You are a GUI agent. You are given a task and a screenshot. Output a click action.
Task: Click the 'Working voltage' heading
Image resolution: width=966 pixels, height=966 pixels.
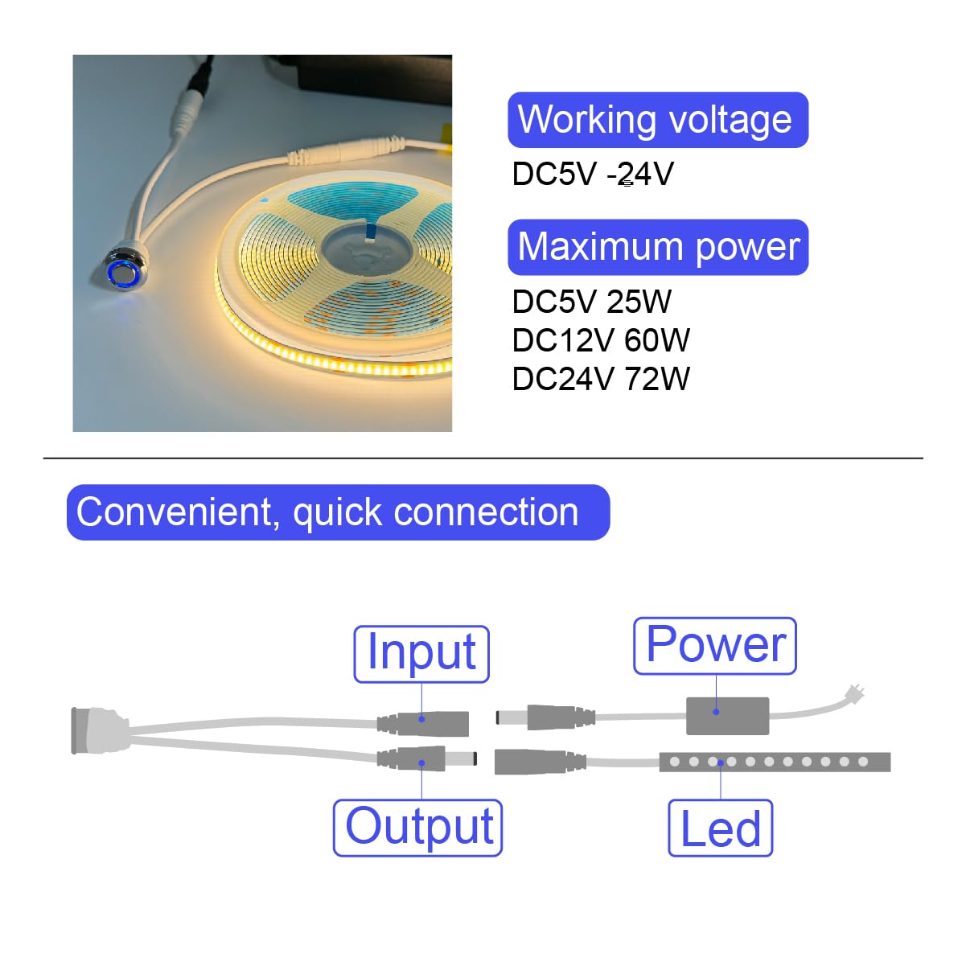point(658,120)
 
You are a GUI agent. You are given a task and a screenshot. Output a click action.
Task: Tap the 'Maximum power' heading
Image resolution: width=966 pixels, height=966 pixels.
point(658,247)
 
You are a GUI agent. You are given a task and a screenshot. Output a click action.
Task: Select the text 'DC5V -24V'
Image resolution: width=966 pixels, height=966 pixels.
point(593,174)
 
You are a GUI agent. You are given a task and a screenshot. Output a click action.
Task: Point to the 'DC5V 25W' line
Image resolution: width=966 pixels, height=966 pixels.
point(591,302)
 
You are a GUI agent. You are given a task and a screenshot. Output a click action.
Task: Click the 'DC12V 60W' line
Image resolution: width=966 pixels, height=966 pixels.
point(601,340)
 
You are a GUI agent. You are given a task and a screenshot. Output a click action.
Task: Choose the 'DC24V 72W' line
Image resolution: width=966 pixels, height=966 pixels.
point(601,379)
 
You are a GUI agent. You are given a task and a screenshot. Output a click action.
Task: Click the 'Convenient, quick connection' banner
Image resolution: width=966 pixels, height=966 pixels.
point(339,512)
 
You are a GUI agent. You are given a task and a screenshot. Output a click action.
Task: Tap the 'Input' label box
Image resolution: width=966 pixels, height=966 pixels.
point(421,654)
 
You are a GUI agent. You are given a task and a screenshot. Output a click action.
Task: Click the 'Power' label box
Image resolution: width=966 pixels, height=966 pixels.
point(715,646)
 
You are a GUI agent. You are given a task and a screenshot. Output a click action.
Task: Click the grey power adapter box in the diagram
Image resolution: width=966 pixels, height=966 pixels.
point(727,716)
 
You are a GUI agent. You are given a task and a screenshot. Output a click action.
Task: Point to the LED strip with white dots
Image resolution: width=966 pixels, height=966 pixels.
point(775,762)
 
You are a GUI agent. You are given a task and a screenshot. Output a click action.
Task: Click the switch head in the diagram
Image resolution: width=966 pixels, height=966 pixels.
point(99,730)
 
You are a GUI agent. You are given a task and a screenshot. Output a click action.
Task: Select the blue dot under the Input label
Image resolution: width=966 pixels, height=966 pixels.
point(421,719)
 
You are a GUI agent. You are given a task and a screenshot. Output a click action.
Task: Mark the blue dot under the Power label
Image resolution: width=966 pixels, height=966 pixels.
point(716,712)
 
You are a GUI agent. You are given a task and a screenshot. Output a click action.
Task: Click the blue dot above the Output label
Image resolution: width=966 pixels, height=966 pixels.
point(421,763)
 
